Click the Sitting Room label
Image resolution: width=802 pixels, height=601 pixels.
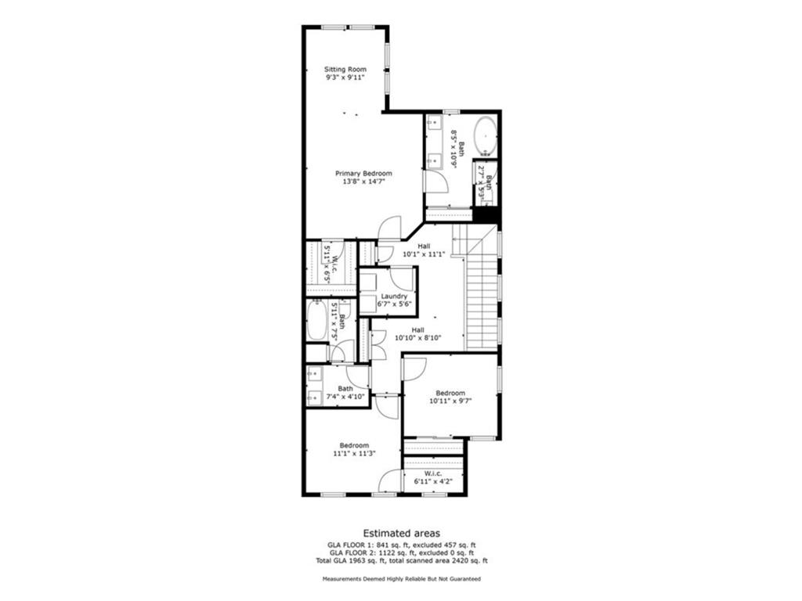pos(345,70)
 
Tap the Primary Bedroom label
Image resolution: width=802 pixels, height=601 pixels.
pos(363,173)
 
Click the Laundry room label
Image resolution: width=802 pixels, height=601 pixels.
pos(394,297)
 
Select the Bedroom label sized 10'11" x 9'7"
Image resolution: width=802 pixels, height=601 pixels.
pos(450,393)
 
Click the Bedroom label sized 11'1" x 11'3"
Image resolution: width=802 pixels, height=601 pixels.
pos(354,445)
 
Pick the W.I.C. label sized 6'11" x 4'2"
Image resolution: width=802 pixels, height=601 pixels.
pos(433,473)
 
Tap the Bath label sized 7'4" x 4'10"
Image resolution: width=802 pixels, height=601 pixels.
pos(345,388)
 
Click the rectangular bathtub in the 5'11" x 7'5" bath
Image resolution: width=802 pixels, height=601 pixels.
pos(316,321)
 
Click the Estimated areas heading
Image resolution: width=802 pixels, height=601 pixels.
pos(401,531)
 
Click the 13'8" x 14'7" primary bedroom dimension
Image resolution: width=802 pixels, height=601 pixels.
pos(363,182)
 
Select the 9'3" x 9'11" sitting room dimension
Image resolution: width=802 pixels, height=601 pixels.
pos(345,77)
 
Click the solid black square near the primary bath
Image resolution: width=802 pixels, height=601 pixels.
pos(486,214)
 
